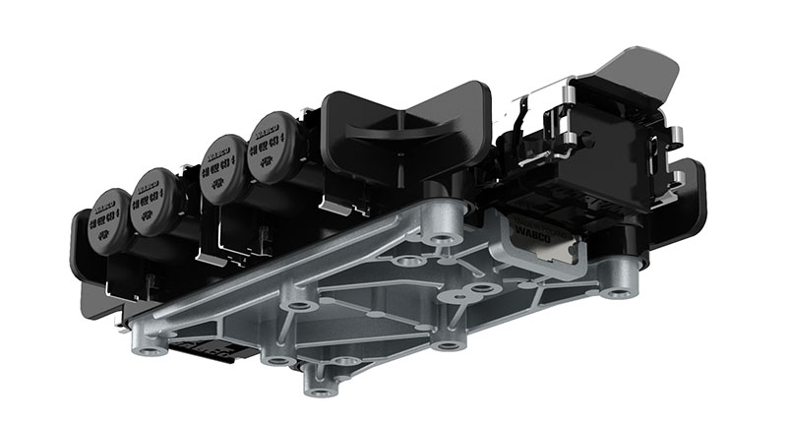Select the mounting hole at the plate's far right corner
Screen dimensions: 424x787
[x=618, y=292]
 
